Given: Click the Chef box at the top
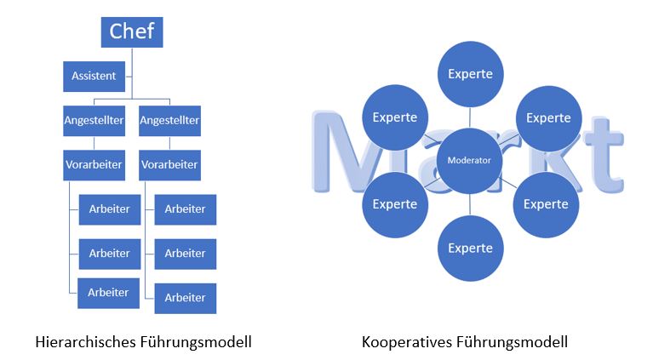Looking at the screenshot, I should pyautogui.click(x=132, y=32).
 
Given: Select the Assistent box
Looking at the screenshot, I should pyautogui.click(x=94, y=76).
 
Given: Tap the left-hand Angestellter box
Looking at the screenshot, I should pyautogui.click(x=94, y=121).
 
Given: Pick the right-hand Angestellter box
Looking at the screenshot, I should pyautogui.click(x=169, y=121).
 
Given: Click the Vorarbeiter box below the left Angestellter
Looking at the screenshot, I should pyautogui.click(x=94, y=164).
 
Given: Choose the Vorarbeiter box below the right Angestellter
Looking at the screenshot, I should pyautogui.click(x=169, y=164).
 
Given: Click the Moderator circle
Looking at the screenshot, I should pyautogui.click(x=469, y=160).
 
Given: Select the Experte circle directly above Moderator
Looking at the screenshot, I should pyautogui.click(x=469, y=74).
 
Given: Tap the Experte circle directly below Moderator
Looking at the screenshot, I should pyautogui.click(x=469, y=249).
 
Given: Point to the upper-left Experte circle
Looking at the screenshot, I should pyautogui.click(x=394, y=117).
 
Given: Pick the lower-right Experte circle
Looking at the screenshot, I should pyautogui.click(x=546, y=204).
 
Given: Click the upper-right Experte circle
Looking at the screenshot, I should pyautogui.click(x=547, y=117).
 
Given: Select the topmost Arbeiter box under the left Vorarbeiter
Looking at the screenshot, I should pyautogui.click(x=109, y=209).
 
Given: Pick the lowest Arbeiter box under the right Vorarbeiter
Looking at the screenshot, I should pyautogui.click(x=185, y=298).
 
